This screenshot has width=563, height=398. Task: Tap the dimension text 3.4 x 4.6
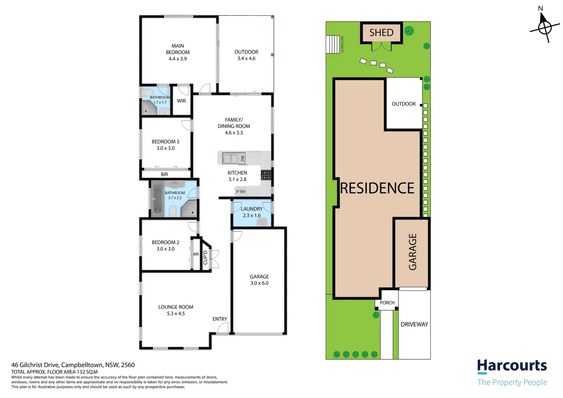[x=246, y=59]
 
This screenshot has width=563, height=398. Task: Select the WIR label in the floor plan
[x=181, y=101]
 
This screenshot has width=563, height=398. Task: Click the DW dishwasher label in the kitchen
[x=242, y=158]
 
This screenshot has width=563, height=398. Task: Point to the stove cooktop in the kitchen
[x=266, y=175]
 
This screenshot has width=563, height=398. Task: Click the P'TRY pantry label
[x=241, y=192]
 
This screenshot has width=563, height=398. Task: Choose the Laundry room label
[x=252, y=209]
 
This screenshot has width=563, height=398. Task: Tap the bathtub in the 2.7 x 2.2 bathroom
[x=157, y=198]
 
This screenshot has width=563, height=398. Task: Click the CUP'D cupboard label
[x=205, y=258]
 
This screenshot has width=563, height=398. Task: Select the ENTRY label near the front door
[x=220, y=319]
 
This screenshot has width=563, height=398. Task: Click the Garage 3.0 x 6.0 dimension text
[x=259, y=283]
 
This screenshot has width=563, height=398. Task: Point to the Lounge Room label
[x=176, y=307]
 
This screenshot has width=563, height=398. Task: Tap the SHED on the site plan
[x=381, y=33]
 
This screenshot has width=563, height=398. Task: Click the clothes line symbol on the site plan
[x=333, y=44]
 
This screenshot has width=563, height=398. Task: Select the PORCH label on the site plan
[x=387, y=303]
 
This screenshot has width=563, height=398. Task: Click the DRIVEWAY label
[x=414, y=324]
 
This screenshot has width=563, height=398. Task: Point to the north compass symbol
[x=545, y=27]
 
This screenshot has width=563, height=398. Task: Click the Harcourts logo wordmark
[x=512, y=366]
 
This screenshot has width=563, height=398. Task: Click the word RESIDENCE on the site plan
[x=377, y=188]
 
